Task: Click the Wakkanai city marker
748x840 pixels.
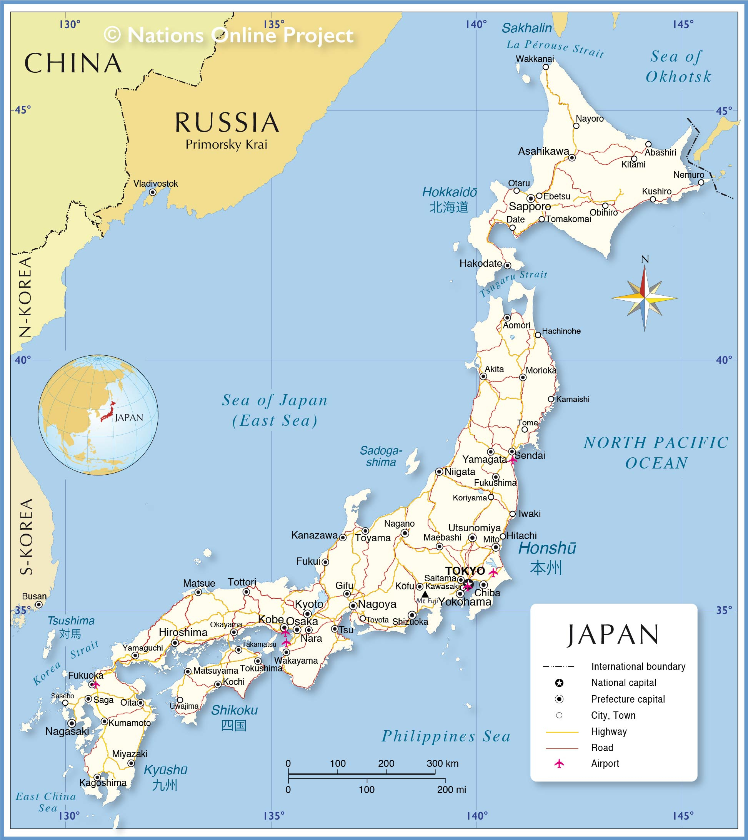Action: (x=545, y=67)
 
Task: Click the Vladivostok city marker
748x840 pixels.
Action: (x=152, y=192)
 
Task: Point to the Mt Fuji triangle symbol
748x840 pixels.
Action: (x=425, y=594)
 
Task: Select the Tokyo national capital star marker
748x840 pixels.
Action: (x=469, y=584)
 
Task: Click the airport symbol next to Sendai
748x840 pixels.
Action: (x=513, y=460)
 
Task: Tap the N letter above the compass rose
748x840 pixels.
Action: (x=645, y=259)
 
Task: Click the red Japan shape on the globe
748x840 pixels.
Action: (x=108, y=412)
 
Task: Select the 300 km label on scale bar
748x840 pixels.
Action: (x=442, y=763)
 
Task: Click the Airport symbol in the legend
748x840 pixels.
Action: (x=559, y=764)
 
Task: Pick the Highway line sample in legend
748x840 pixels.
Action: (x=562, y=732)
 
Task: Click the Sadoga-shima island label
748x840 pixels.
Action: (x=381, y=456)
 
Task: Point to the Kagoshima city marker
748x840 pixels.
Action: (x=97, y=778)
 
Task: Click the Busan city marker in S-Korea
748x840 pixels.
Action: (x=38, y=605)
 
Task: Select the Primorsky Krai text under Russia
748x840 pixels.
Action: (x=226, y=145)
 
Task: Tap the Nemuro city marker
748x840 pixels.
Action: (x=701, y=182)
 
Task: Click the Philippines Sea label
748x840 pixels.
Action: (x=446, y=736)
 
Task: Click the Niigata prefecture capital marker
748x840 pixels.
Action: (x=439, y=472)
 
